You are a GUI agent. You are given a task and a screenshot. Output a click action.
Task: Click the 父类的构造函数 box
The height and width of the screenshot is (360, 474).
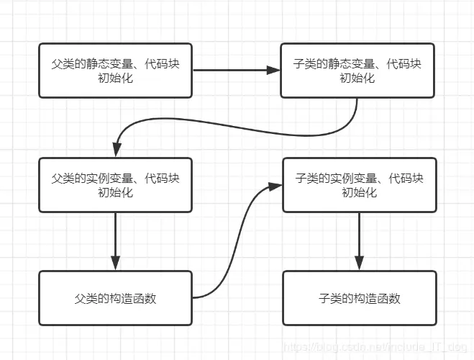[x=115, y=298]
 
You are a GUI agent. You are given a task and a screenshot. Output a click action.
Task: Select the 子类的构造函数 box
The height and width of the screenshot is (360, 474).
[x=359, y=298]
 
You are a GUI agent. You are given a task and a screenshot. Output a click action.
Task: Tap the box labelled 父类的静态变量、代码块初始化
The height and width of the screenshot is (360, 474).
[x=115, y=71]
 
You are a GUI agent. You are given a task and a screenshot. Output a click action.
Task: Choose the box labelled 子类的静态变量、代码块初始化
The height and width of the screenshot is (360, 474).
[x=357, y=71]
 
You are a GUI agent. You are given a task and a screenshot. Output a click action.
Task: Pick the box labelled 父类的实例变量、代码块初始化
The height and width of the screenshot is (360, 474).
[x=115, y=185]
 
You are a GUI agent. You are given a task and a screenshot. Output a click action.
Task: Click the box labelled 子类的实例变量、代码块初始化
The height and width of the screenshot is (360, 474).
[x=359, y=185]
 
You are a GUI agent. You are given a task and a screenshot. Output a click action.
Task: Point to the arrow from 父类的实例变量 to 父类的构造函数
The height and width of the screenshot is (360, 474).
[x=115, y=238]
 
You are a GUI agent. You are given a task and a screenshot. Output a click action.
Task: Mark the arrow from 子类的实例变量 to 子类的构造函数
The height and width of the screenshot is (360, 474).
[x=359, y=238]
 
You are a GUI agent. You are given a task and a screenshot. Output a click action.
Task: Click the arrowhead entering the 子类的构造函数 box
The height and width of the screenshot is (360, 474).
[x=359, y=264]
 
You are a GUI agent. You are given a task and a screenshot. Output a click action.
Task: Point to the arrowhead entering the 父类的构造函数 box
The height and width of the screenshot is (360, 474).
[x=115, y=264]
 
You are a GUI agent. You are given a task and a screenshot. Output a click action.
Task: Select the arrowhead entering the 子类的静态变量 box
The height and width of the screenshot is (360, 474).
[x=273, y=71]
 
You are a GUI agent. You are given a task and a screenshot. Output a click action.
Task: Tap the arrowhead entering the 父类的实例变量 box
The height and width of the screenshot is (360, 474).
[x=115, y=151]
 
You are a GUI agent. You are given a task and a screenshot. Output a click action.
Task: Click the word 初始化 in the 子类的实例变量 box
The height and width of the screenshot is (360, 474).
[x=359, y=192]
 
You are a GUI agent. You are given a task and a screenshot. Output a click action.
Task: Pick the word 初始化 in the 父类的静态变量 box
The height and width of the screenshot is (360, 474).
[x=115, y=78]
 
